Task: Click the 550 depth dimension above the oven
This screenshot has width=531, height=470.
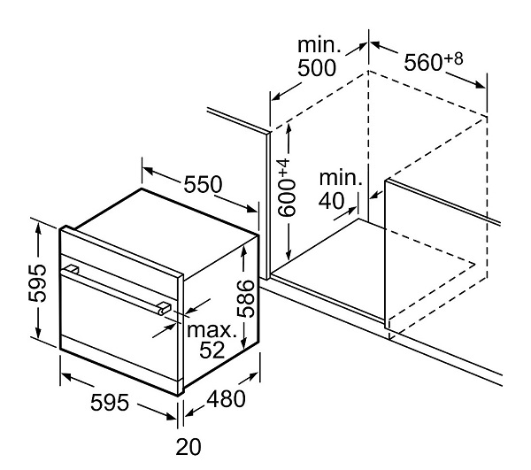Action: click(202, 186)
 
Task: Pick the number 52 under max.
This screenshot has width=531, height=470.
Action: click(210, 351)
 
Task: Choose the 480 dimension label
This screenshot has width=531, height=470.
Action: click(224, 400)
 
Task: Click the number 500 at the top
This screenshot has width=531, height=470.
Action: click(317, 68)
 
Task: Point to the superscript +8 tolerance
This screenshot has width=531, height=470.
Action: click(454, 58)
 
